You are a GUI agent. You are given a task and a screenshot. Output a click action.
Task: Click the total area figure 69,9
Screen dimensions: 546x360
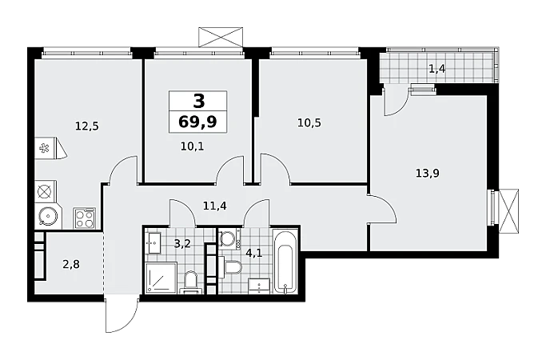[197, 122]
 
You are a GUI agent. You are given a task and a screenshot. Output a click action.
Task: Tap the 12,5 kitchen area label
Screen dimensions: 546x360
[87, 126]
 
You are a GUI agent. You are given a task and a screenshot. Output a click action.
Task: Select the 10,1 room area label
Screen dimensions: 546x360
[192, 146]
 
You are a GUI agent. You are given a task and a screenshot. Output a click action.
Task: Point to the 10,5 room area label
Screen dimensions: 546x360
[309, 122]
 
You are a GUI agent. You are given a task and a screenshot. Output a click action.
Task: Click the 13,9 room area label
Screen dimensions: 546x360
[427, 173]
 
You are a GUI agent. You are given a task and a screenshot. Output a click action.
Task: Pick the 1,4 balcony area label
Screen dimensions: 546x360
[437, 69]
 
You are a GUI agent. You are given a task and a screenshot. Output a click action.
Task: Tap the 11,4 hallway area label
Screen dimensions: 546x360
[215, 206]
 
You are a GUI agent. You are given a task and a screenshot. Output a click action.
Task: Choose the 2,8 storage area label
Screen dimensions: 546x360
[71, 265]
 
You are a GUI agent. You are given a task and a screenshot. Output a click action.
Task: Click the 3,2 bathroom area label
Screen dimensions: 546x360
[182, 244]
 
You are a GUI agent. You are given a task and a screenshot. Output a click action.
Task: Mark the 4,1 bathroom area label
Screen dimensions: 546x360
[254, 253]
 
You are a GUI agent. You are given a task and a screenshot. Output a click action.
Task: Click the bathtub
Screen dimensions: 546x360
[285, 261]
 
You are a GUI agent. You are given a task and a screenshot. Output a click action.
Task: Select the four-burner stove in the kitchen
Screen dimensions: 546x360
[84, 218]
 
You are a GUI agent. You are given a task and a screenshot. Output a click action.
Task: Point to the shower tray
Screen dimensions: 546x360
[161, 278]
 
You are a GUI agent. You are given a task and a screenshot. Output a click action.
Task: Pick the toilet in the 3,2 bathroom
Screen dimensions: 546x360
[190, 282]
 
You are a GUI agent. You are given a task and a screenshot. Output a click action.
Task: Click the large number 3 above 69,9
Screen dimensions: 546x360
[198, 101]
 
